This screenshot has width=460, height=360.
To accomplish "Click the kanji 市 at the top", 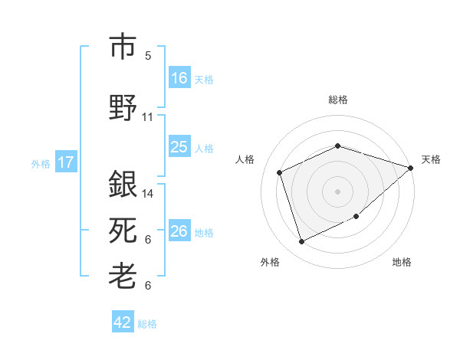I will tap(123, 47).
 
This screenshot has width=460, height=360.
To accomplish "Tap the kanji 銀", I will tap(123, 185).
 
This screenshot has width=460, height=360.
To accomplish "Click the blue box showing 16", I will tap(179, 78).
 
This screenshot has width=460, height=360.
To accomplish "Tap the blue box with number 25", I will tap(179, 147).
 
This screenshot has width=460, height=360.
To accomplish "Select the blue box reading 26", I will tap(179, 231).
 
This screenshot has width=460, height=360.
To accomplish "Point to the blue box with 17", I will tap(66, 162).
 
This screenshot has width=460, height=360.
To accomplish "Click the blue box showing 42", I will tap(123, 322).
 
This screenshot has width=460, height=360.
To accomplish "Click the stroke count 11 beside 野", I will tap(148, 117).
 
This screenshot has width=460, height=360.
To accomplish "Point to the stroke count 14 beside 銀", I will tap(148, 194).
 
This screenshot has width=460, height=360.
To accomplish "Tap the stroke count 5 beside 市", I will tap(148, 56).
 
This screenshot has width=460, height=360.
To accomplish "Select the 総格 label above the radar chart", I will tap(338, 100).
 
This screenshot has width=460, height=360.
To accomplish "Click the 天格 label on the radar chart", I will tap(431, 159).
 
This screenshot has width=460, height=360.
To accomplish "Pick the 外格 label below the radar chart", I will tap(270, 263).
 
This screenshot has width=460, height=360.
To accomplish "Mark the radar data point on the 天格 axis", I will tap(411, 168).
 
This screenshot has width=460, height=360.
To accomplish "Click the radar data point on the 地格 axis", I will tap(356, 216).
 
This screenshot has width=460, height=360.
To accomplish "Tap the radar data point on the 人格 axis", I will tap(280, 172).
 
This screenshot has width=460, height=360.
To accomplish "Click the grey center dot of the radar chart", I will tap(338, 191).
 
